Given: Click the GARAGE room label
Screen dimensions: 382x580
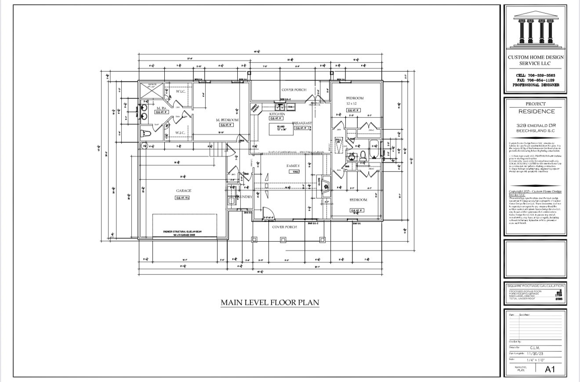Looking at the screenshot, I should point(183,191).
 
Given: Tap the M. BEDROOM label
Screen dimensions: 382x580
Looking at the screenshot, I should point(227,120).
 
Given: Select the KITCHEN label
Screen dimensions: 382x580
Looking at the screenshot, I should point(277,114).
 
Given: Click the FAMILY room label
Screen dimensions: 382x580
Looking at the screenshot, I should point(293,166).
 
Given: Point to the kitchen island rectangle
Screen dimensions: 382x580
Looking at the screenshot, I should point(281,129).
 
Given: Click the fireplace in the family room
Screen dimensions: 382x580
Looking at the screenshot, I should point(324,185).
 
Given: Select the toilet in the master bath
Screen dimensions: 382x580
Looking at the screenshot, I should point(145,133).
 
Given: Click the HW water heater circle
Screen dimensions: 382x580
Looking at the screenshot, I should point(144,146).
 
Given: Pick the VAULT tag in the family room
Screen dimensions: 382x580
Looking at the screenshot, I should point(294,171).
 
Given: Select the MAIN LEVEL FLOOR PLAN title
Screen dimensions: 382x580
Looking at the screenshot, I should point(270,302).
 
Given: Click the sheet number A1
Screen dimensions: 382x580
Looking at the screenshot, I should point(550,370).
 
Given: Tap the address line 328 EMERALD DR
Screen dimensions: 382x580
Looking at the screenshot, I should point(535,126).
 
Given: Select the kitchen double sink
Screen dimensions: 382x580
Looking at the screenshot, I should point(279,106).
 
